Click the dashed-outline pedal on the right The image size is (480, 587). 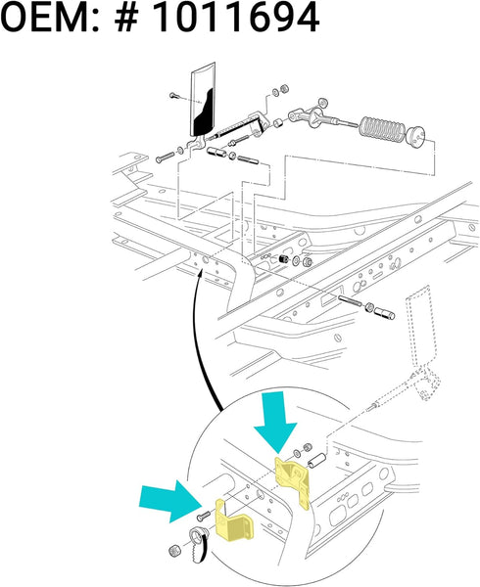point(422,328)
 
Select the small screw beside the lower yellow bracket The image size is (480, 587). point(202,516)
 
